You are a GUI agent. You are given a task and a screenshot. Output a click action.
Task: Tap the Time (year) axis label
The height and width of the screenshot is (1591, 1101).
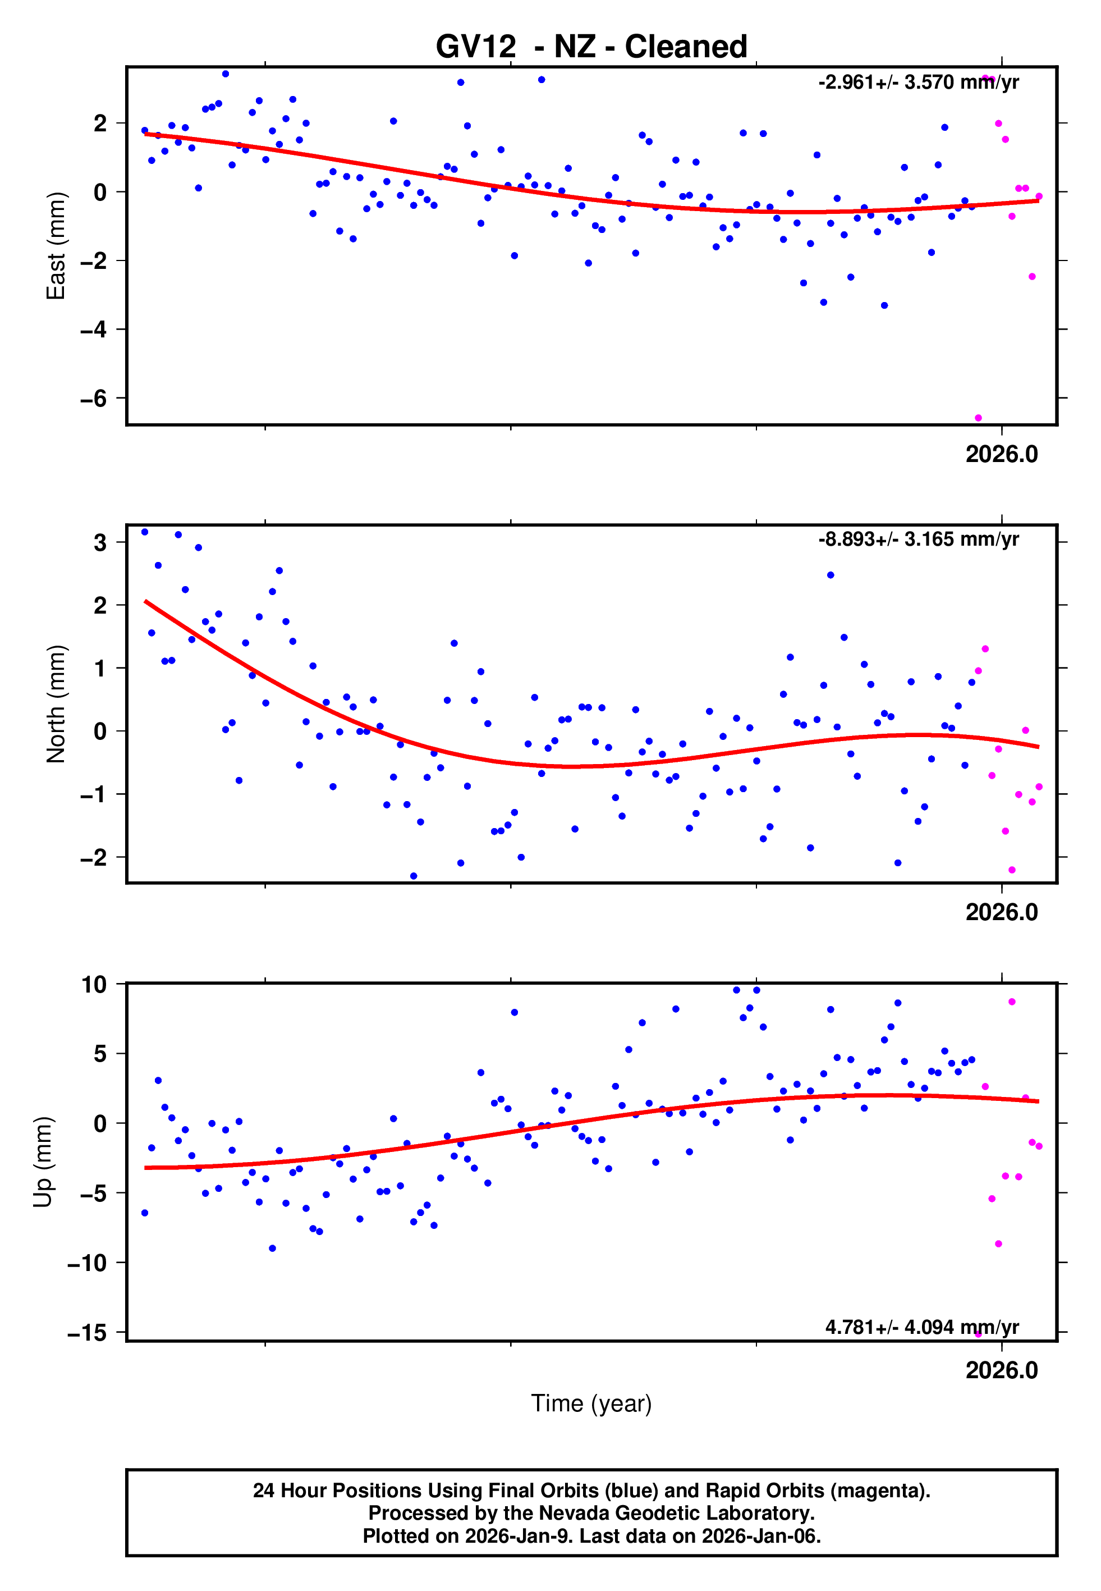click(x=591, y=1403)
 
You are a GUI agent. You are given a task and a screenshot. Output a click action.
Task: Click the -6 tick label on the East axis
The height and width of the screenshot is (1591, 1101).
click(x=94, y=399)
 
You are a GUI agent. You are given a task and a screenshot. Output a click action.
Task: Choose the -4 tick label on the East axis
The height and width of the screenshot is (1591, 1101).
click(x=94, y=330)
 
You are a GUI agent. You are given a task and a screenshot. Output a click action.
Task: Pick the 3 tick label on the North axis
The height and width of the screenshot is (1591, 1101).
click(x=100, y=542)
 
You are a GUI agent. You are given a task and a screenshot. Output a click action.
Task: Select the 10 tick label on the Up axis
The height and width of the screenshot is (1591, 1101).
click(x=94, y=985)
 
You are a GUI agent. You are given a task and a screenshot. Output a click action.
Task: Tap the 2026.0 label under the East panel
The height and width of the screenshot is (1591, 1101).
click(x=1001, y=454)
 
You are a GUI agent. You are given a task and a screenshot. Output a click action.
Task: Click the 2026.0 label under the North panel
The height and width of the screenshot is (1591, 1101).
click(x=1001, y=912)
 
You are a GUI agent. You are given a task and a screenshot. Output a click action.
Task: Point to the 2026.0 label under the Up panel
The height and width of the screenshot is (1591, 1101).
click(x=1001, y=1370)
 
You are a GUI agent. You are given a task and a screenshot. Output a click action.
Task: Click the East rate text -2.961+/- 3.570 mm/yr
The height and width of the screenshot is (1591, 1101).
click(x=918, y=82)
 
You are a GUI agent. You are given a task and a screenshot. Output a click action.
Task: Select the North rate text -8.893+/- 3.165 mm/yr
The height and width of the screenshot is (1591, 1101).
click(x=918, y=539)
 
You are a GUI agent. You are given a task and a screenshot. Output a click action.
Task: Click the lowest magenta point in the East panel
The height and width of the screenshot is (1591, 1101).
click(x=978, y=418)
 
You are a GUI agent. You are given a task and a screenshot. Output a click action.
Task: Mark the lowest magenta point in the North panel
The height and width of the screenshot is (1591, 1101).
click(x=1012, y=870)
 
